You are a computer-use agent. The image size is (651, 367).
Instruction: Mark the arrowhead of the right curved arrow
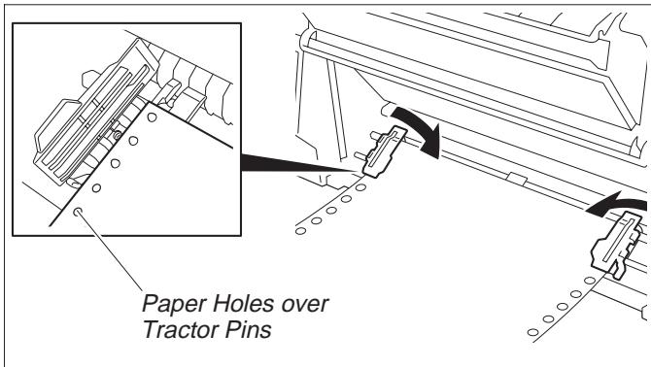coord(595,208)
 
